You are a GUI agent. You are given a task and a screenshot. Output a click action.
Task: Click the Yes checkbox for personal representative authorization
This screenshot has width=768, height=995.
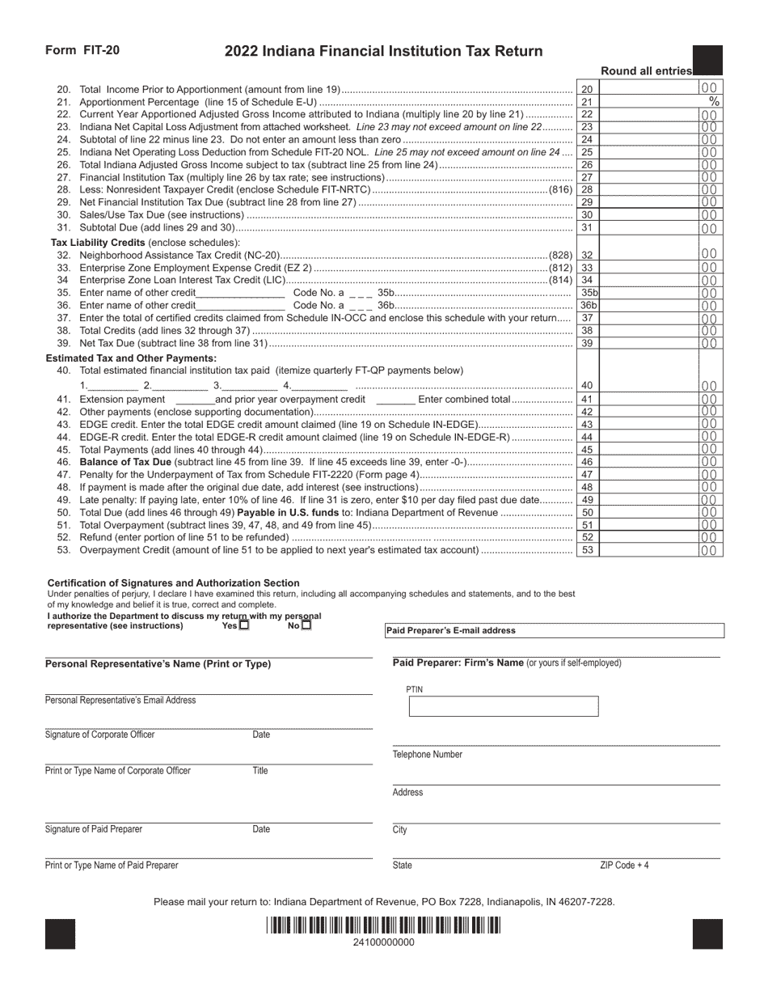pos(244,625)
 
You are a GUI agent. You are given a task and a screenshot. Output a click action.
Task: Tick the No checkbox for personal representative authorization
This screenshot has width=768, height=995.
pos(306,625)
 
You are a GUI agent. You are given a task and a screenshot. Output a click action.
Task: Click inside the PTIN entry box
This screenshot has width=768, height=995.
pos(503,707)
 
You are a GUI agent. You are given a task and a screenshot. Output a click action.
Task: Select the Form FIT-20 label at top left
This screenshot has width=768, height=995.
pos(82,50)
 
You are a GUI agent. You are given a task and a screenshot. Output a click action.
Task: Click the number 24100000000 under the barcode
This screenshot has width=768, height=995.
pos(384,942)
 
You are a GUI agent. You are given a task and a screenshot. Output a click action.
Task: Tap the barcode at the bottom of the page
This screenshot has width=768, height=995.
pos(384,925)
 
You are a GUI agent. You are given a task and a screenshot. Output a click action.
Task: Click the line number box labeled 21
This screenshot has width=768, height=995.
pos(588,102)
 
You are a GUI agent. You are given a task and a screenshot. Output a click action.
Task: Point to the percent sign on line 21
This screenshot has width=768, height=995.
pos(714,102)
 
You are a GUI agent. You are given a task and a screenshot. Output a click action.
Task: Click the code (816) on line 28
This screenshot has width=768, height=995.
pos(561,189)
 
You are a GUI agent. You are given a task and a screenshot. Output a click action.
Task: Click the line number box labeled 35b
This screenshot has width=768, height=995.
pos(589,293)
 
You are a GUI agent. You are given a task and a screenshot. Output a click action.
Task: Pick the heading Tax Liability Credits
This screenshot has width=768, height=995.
pos(98,243)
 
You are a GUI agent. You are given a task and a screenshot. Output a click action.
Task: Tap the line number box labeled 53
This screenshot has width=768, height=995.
pos(588,550)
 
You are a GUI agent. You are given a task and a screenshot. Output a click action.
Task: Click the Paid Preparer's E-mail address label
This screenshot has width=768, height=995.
pos(450,631)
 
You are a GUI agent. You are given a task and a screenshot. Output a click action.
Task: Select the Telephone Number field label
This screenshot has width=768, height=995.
pos(428,755)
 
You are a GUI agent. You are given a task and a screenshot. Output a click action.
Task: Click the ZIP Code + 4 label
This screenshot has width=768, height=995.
pos(624,866)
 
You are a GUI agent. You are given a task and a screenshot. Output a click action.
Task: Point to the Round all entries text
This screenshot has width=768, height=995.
pos(647,71)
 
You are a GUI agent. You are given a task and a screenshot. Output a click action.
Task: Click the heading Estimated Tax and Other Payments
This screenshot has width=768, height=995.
pos(131,358)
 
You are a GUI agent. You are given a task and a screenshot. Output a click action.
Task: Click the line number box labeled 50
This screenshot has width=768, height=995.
pos(588,513)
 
